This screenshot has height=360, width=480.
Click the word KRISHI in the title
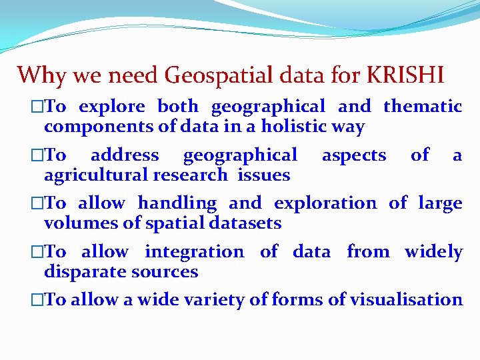[x=405, y=75]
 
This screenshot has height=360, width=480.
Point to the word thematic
[x=423, y=106]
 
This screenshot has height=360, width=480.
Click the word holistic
[x=297, y=126]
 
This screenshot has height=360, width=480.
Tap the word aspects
[x=354, y=155]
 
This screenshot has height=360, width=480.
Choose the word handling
[x=177, y=203]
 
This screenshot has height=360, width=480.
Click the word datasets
[x=246, y=223]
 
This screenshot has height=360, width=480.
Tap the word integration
[x=194, y=252]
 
